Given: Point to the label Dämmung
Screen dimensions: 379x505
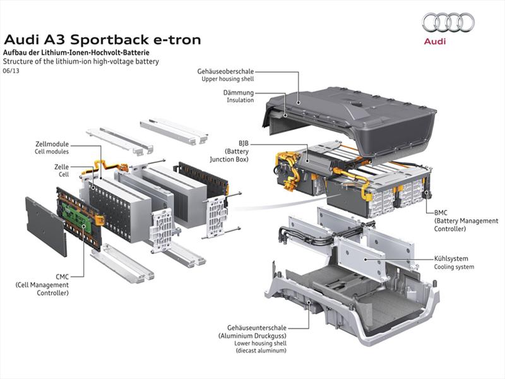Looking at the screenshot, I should click(239, 92).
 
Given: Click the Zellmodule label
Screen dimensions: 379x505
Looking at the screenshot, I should click(52, 144).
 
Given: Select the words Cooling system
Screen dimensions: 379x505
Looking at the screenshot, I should click(454, 267).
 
